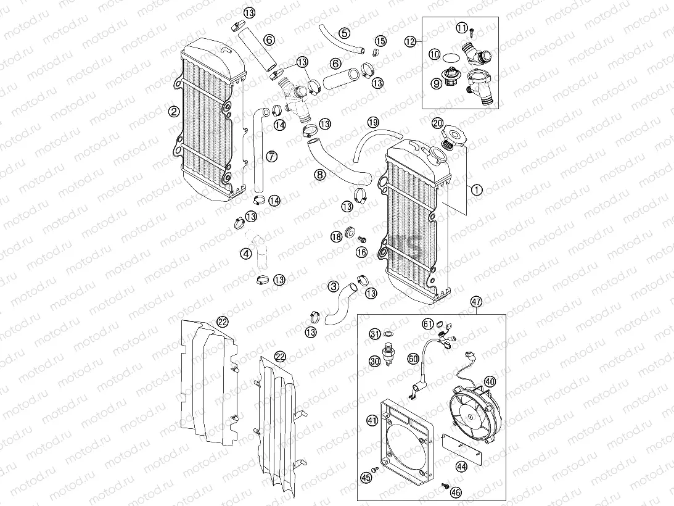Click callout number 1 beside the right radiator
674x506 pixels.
pyautogui.click(x=476, y=191)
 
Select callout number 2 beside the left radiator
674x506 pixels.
pyautogui.click(x=174, y=112)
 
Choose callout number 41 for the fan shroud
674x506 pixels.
pyautogui.click(x=372, y=420)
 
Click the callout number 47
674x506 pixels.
pyautogui.click(x=476, y=302)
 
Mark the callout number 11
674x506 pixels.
pyautogui.click(x=461, y=27)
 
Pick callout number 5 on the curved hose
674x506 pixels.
pyautogui.click(x=344, y=32)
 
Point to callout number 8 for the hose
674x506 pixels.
pyautogui.click(x=319, y=175)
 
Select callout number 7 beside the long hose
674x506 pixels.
pyautogui.click(x=270, y=156)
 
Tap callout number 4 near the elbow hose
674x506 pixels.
pyautogui.click(x=246, y=252)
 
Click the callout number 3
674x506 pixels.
pyautogui.click(x=334, y=286)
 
